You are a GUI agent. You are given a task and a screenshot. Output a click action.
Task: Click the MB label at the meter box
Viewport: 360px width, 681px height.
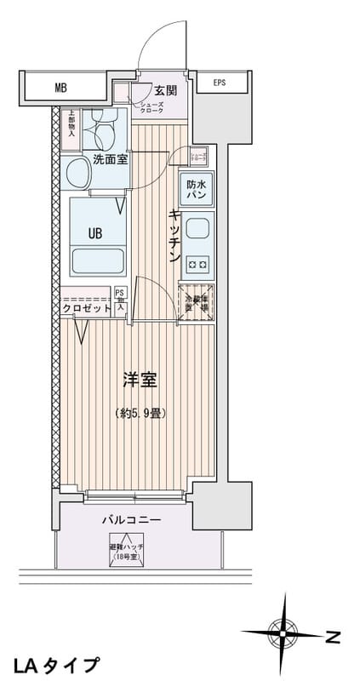click(x=60, y=87)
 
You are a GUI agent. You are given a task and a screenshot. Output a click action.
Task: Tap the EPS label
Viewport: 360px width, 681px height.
click(x=220, y=83)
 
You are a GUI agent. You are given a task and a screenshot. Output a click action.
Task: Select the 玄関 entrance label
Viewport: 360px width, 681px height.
click(x=166, y=91)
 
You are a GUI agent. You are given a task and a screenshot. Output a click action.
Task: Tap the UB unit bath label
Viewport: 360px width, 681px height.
click(x=94, y=231)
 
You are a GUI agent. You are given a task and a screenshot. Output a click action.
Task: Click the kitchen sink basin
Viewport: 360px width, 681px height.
click(x=197, y=230)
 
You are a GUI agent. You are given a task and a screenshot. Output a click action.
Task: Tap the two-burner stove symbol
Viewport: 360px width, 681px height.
click(x=197, y=265)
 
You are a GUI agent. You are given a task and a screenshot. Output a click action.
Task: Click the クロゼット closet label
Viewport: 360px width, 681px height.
click(x=86, y=309)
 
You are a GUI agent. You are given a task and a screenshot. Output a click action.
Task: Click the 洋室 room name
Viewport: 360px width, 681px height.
click(x=140, y=381)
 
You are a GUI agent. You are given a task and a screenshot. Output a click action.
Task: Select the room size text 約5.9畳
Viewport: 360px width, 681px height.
click(x=140, y=413)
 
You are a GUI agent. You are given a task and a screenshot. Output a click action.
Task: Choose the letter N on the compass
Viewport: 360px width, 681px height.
click(x=333, y=636)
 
